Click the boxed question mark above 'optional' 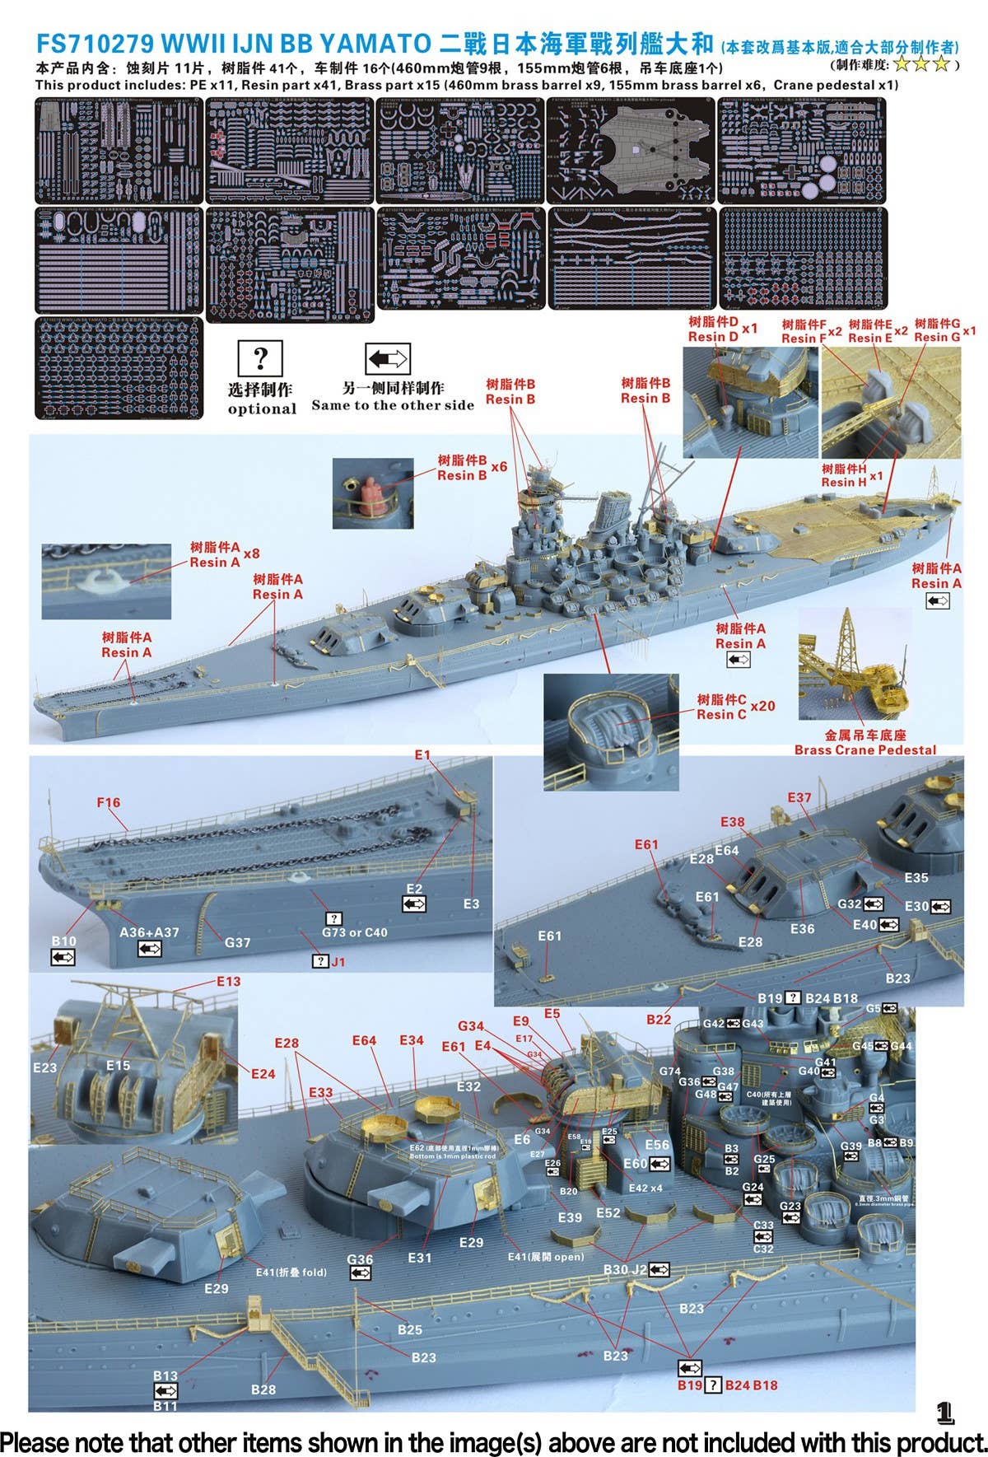coord(260,358)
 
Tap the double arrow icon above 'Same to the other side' coord(387,359)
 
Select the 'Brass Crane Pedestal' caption coord(864,750)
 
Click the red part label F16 coord(108,802)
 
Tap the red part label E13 coord(229,981)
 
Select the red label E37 coord(799,797)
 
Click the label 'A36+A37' coord(149,932)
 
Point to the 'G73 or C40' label coord(354,932)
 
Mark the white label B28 coord(263,1389)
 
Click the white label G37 coord(237,942)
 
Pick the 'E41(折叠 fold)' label coord(291,1273)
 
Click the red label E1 coord(422,754)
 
